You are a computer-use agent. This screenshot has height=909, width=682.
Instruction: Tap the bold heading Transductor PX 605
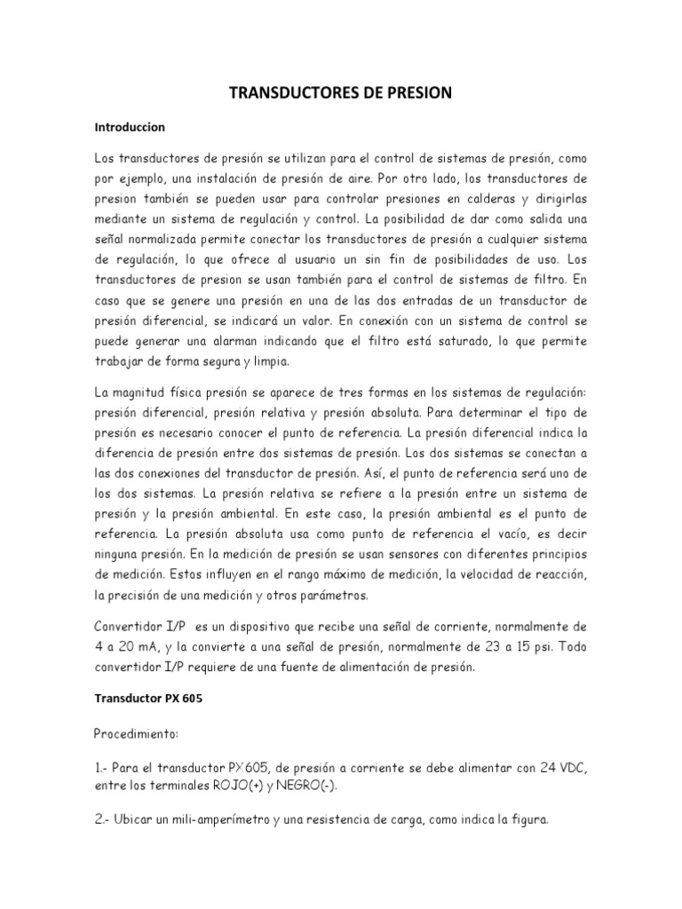pyautogui.click(x=148, y=698)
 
